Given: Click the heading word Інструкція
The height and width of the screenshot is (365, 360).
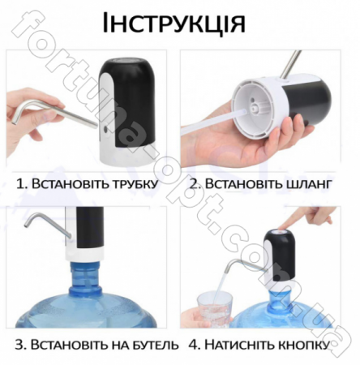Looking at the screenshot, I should [174, 24].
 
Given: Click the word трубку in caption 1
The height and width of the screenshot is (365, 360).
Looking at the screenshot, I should [131, 184].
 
